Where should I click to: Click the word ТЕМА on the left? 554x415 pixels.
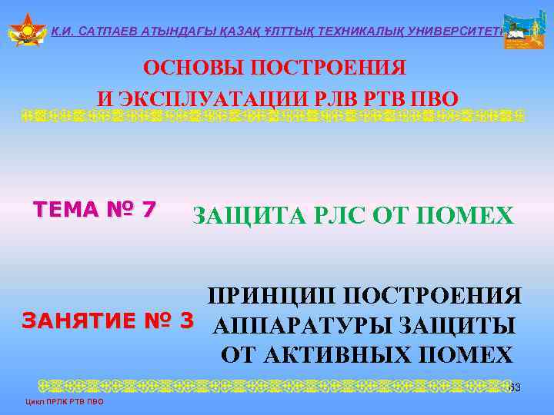coord(66,208)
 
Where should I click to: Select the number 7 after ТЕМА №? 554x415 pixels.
coord(149,208)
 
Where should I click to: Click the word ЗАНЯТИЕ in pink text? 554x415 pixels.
coord(78,322)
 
